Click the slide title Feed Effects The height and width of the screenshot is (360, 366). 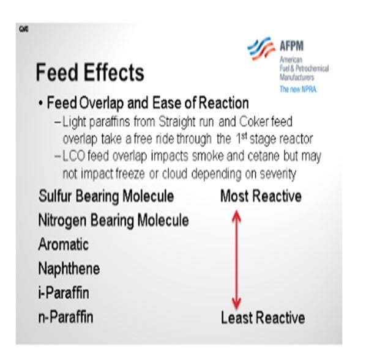(x=90, y=72)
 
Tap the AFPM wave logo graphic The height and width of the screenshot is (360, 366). (x=261, y=48)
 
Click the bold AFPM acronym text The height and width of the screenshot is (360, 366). (x=291, y=46)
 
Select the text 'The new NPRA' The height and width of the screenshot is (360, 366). (x=298, y=89)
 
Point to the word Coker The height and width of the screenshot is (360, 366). (x=254, y=122)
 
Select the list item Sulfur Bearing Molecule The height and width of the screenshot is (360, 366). (x=106, y=196)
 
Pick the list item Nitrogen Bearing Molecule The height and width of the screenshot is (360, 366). (x=113, y=220)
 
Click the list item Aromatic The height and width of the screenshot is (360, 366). (x=63, y=244)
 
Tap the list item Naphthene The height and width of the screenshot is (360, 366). (x=69, y=268)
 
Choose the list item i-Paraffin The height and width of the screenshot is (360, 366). (x=64, y=293)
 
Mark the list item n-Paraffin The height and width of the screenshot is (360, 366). (x=65, y=317)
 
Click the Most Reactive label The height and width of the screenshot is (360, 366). (x=261, y=196)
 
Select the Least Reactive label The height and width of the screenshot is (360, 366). (x=263, y=318)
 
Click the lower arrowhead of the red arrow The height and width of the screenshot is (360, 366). (x=236, y=304)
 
